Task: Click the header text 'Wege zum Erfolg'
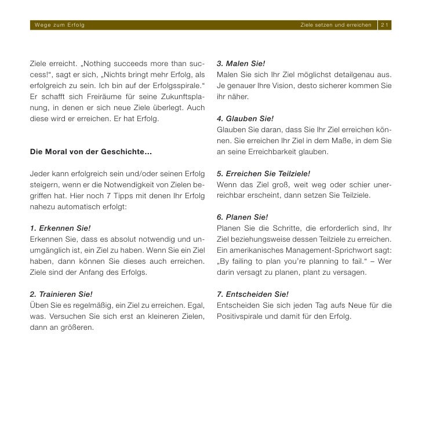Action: (60, 26)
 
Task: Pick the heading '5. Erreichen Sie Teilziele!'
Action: (264, 173)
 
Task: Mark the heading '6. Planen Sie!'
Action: (242, 217)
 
